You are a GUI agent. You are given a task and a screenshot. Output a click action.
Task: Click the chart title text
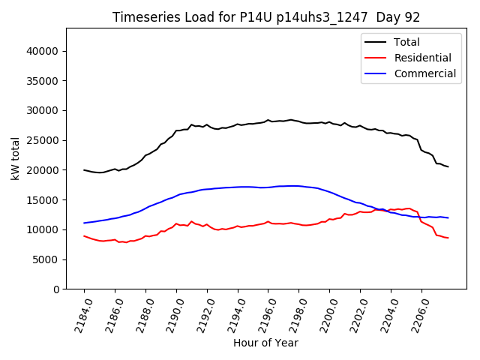[265, 17]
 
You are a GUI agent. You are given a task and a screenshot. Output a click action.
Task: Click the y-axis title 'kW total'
[15, 158]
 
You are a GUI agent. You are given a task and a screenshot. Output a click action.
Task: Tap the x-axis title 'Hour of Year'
[265, 343]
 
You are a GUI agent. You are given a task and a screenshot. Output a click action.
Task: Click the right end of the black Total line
[448, 166]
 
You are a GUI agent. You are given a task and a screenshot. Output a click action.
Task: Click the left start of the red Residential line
[84, 235]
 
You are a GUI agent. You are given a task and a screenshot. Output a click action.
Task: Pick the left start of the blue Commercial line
[84, 223]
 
